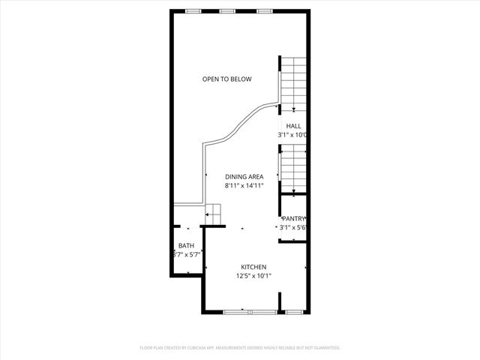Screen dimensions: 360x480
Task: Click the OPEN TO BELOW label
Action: coord(226,79)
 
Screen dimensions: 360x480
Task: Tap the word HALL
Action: coord(292,126)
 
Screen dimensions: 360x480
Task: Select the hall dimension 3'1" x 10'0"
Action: coord(292,135)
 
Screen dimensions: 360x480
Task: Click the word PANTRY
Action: coord(293,218)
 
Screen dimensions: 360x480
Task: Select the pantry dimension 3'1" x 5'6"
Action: coord(293,227)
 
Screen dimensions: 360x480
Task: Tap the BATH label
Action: coord(186,246)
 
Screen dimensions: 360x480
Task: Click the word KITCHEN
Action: coord(253,267)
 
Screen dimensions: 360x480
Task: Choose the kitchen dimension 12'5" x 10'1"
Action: coord(253,275)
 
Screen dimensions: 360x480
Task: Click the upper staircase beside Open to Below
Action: coord(293,82)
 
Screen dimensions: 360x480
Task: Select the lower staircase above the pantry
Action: coord(293,170)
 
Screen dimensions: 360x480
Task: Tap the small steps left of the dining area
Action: coord(214,214)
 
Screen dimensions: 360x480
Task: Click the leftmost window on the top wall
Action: coord(193,11)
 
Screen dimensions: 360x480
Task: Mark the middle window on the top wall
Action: coord(228,11)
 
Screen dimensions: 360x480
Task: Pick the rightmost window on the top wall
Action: coord(264,11)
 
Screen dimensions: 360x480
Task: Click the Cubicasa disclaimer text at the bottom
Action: coord(240,348)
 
